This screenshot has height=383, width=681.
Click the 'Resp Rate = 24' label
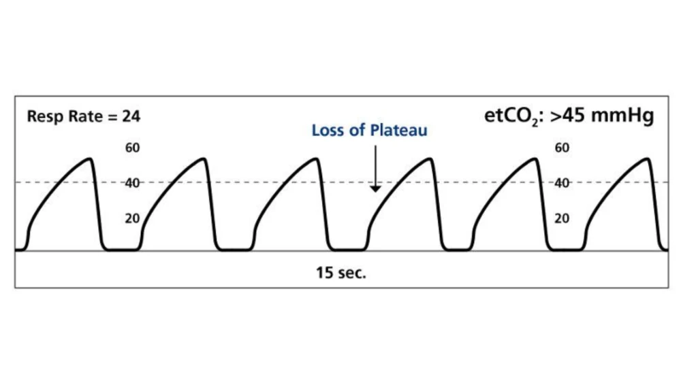(x=84, y=116)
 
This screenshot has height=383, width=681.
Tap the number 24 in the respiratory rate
(x=131, y=116)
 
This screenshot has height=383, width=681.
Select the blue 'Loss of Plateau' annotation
(x=370, y=131)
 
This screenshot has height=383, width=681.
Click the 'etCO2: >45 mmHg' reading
(x=569, y=116)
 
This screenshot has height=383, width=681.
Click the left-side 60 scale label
(x=132, y=148)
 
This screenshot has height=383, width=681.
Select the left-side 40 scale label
(x=132, y=183)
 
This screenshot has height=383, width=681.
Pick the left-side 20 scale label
(x=132, y=218)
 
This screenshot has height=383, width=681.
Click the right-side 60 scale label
(x=562, y=148)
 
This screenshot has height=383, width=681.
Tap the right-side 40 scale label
(x=562, y=183)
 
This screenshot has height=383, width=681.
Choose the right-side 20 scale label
(x=562, y=218)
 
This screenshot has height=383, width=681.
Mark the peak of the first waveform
(x=89, y=159)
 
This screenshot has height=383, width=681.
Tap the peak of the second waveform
(x=202, y=159)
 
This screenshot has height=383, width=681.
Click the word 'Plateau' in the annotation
(x=399, y=131)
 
